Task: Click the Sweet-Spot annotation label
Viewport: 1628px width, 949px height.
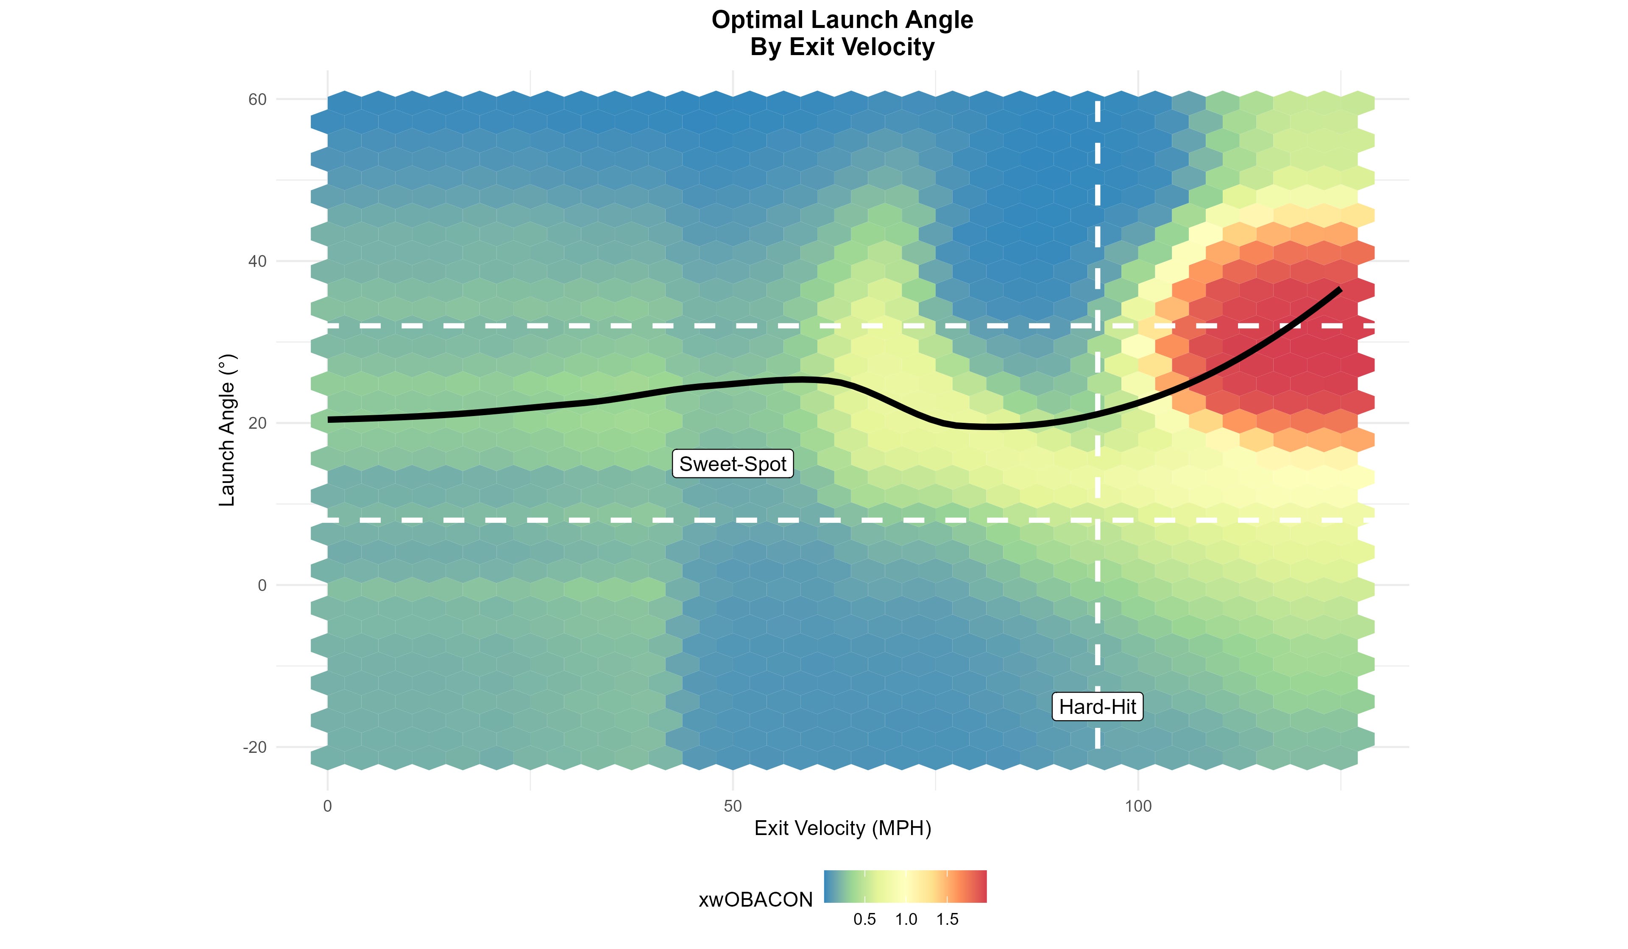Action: point(733,464)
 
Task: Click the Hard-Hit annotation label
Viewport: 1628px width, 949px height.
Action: point(1097,707)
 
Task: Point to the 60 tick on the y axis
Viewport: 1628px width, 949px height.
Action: point(258,100)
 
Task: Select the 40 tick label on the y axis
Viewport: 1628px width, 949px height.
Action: point(258,261)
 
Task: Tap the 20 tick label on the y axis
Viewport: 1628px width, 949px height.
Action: point(258,424)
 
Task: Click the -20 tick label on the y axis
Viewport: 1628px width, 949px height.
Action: point(254,748)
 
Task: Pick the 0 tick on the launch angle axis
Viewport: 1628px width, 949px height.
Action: point(262,585)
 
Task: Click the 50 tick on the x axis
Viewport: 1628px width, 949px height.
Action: point(733,806)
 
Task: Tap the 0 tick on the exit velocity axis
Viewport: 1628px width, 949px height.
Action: point(328,806)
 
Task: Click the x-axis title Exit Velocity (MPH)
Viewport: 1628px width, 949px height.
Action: point(842,828)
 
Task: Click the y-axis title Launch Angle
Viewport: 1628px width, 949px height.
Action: point(227,430)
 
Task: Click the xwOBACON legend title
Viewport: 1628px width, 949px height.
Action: point(755,900)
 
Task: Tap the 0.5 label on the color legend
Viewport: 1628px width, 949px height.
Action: point(864,920)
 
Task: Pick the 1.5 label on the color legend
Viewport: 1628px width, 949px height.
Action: point(947,920)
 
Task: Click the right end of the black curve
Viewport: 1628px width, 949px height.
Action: point(1339,290)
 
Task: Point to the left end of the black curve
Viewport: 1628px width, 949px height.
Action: point(329,419)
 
